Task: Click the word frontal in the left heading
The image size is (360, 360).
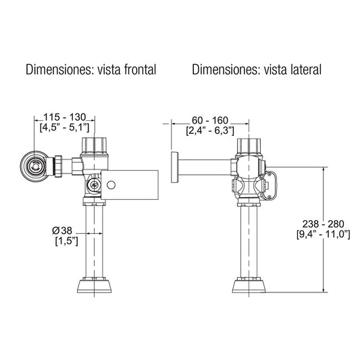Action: pos(136,70)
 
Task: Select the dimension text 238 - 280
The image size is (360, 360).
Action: pos(323,223)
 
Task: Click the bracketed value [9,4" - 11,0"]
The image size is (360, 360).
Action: pos(323,234)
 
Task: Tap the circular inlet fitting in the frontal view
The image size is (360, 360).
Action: pos(32,165)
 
